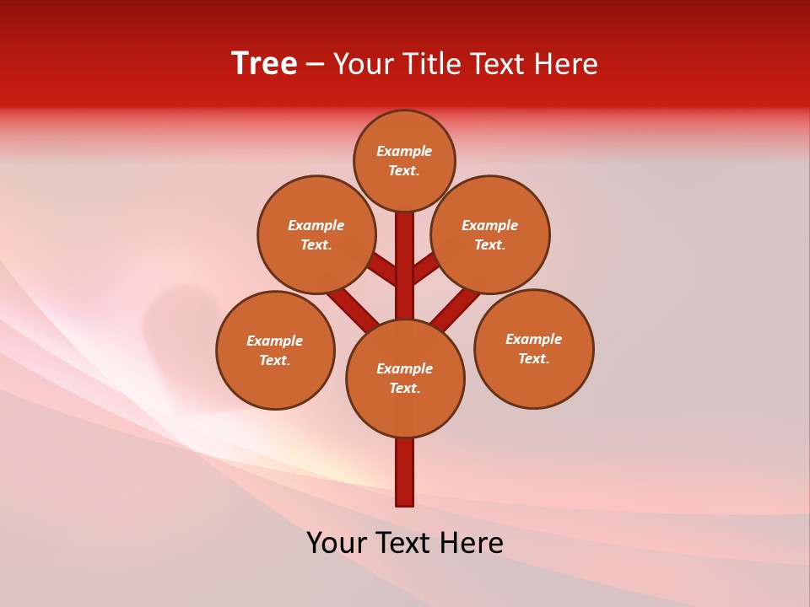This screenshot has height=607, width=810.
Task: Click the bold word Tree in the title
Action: [x=264, y=63]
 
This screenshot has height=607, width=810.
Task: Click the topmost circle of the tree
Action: [x=404, y=160]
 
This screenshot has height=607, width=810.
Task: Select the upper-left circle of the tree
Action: [x=316, y=234]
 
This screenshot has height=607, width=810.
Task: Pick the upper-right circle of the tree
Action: [x=490, y=234]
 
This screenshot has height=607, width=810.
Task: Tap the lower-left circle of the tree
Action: [x=275, y=350]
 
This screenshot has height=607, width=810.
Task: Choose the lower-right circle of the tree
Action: [x=534, y=348]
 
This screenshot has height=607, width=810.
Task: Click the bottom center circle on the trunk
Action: [x=405, y=378]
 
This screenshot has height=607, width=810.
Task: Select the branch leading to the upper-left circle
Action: [x=384, y=270]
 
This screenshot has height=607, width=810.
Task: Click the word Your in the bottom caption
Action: [x=337, y=542]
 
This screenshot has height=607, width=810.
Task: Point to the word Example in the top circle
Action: [x=404, y=151]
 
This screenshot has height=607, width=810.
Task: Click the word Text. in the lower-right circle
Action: [x=533, y=358]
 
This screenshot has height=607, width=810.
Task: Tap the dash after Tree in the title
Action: [x=315, y=64]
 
